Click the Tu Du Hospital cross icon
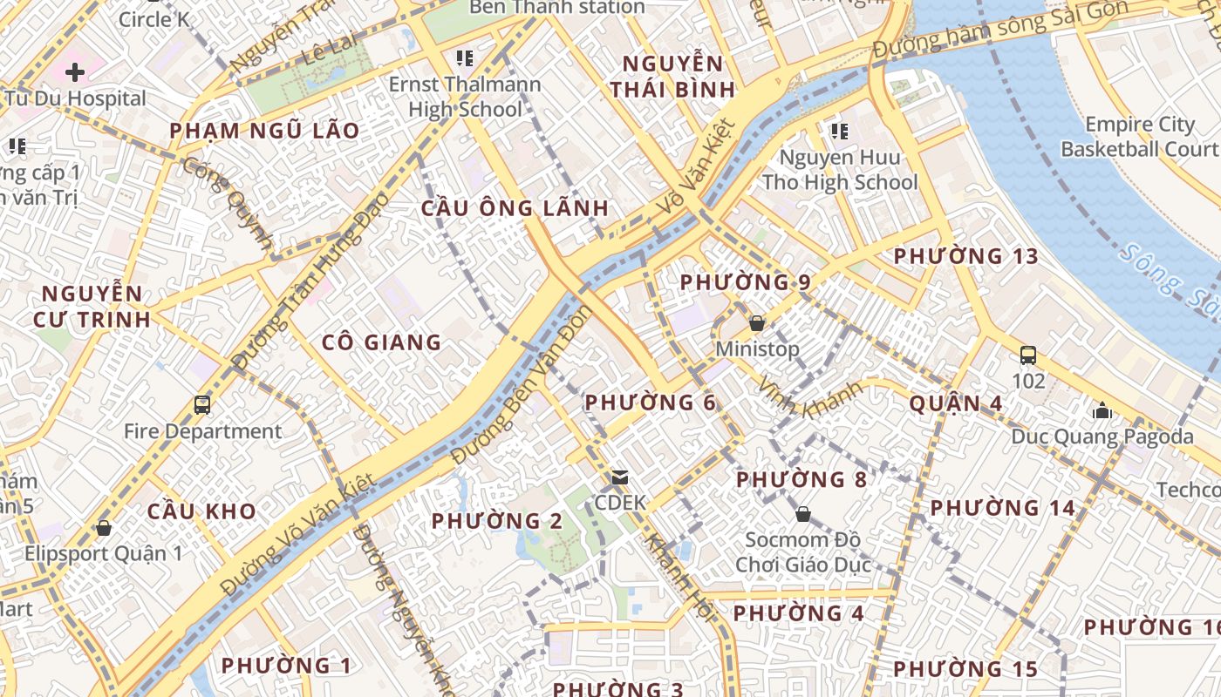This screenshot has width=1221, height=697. pyautogui.click(x=75, y=71)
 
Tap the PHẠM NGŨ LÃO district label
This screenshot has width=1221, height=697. pyautogui.click(x=263, y=131)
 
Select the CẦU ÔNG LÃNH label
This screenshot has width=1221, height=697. pyautogui.click(x=515, y=208)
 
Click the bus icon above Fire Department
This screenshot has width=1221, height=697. pyautogui.click(x=202, y=405)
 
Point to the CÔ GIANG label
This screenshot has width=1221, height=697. pyautogui.click(x=381, y=342)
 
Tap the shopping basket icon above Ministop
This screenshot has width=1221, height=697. pyautogui.click(x=756, y=323)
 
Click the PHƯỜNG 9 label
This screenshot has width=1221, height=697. pyautogui.click(x=745, y=282)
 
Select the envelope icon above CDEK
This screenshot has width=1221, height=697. pyautogui.click(x=620, y=477)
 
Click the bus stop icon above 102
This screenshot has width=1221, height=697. pyautogui.click(x=1028, y=355)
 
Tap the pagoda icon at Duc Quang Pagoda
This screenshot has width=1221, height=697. pyautogui.click(x=1102, y=410)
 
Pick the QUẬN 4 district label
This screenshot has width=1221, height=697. pyautogui.click(x=955, y=403)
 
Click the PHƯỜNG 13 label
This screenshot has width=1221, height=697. pyautogui.click(x=965, y=256)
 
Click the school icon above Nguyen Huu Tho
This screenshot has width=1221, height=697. pyautogui.click(x=839, y=132)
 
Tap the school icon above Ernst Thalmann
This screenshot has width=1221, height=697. pyautogui.click(x=464, y=58)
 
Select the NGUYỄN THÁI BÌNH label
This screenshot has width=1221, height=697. pyautogui.click(x=672, y=76)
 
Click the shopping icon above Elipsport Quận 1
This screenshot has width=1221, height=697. pyautogui.click(x=104, y=528)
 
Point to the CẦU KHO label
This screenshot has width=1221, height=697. pyautogui.click(x=201, y=511)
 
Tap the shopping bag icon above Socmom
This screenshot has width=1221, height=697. pyautogui.click(x=802, y=514)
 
